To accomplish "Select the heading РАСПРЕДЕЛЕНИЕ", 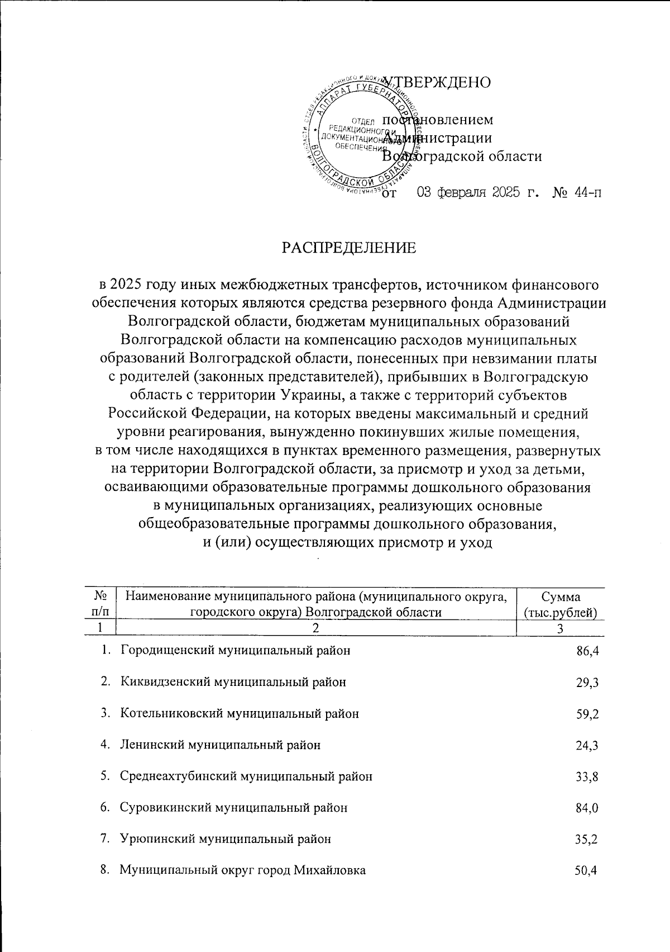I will click(x=348, y=248).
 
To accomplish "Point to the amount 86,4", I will click(x=588, y=651).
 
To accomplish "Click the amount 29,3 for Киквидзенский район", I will click(x=588, y=683).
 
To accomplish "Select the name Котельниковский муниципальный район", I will click(x=240, y=714).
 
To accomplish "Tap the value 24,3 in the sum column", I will click(x=588, y=745).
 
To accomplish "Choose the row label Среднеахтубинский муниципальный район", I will click(x=246, y=776).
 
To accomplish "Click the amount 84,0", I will click(x=588, y=808).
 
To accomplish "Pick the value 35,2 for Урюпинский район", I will click(x=588, y=839).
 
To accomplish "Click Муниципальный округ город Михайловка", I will click(x=243, y=870).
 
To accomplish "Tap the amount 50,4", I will click(x=588, y=870).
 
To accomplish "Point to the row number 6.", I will click(x=104, y=808).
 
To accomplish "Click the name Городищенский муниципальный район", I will click(x=236, y=651).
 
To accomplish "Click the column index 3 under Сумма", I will click(x=561, y=628).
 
